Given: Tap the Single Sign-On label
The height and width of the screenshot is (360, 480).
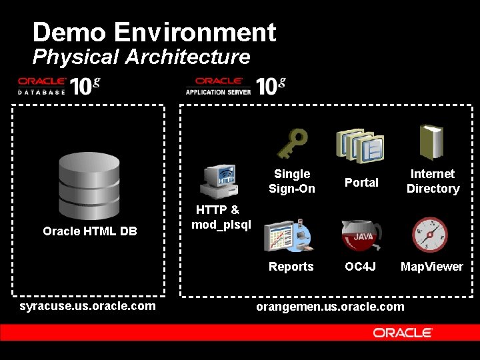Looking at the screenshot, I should pyautogui.click(x=292, y=181).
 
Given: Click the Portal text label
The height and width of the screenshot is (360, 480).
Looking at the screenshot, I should pyautogui.click(x=361, y=183).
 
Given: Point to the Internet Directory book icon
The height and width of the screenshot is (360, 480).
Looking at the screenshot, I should pyautogui.click(x=431, y=143).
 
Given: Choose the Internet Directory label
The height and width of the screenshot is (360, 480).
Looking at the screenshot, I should pyautogui.click(x=433, y=181).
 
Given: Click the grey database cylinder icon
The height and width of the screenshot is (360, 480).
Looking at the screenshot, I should pyautogui.click(x=89, y=181).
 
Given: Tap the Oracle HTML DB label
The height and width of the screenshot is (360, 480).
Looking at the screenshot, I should pyautogui.click(x=90, y=231).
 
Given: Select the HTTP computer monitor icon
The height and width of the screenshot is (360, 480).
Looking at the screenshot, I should pyautogui.click(x=219, y=182).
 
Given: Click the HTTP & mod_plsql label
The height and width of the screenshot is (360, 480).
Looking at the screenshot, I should pyautogui.click(x=221, y=217).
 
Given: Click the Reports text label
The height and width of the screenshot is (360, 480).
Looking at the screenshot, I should pyautogui.click(x=291, y=267).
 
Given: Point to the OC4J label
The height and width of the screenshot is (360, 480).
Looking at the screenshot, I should pyautogui.click(x=361, y=267).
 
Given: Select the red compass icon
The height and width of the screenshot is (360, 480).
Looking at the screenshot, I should pyautogui.click(x=429, y=235).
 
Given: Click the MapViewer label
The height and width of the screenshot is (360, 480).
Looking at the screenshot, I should pyautogui.click(x=431, y=267).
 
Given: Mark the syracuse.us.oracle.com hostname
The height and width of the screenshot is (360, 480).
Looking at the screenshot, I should pyautogui.click(x=88, y=306).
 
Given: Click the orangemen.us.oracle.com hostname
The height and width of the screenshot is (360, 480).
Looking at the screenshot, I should pyautogui.click(x=330, y=307).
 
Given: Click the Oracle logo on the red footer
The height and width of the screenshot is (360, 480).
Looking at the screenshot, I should pyautogui.click(x=403, y=332).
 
